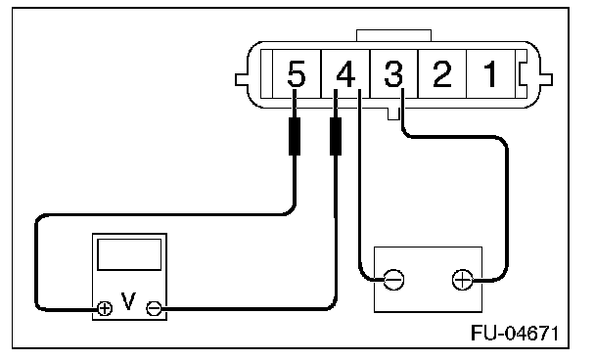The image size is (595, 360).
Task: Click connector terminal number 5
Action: click(x=297, y=74)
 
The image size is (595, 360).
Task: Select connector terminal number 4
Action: click(x=345, y=74)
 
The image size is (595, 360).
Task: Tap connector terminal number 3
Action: click(x=393, y=74)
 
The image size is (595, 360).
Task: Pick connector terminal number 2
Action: click(x=441, y=74)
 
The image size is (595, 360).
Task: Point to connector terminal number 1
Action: click(x=490, y=74)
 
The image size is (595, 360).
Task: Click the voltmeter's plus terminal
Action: click(x=105, y=308)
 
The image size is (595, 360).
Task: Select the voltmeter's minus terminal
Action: click(x=154, y=308)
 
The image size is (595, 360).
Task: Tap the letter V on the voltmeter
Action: click(x=128, y=301)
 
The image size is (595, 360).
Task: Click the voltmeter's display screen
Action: click(x=129, y=254)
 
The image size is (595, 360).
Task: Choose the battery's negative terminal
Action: click(x=393, y=280)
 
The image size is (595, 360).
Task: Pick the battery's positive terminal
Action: click(x=463, y=280)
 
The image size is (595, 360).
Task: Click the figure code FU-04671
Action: click(x=515, y=333)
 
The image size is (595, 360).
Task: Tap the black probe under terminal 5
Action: click(x=295, y=136)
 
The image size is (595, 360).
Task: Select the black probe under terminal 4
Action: click(x=336, y=136)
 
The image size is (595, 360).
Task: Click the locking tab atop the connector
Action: click(x=393, y=35)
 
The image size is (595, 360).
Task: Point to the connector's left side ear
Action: click(x=242, y=79)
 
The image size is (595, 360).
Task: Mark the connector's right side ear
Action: click(x=546, y=79)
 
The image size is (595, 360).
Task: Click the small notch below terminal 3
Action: click(x=393, y=113)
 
